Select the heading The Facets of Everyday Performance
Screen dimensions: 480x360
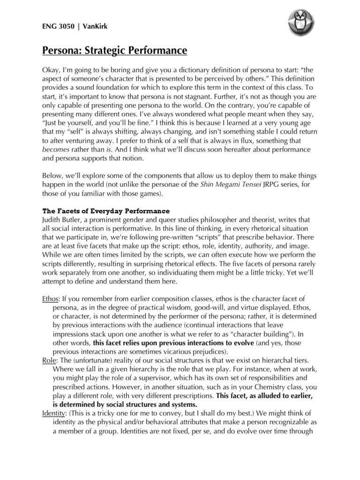coord(106,211)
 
